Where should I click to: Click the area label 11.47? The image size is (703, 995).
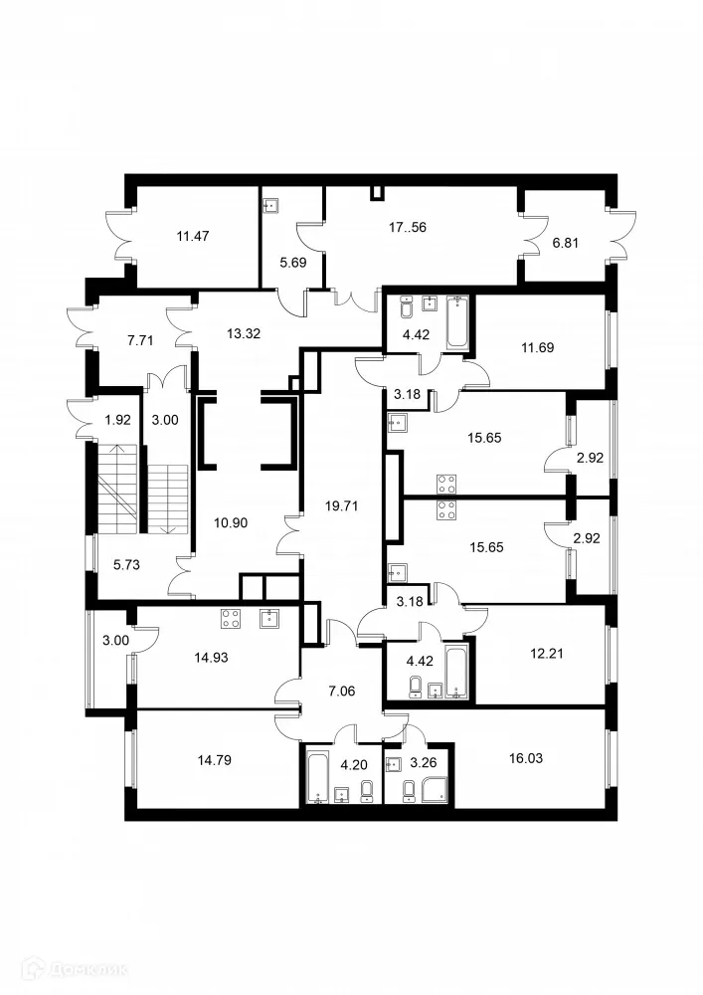192,236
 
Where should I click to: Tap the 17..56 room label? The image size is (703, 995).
407,227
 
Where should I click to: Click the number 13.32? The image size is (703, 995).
243,333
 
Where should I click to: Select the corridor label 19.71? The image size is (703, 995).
341,505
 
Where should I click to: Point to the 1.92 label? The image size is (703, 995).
117,420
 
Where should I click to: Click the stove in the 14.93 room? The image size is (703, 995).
232,618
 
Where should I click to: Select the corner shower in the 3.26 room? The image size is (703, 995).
436,789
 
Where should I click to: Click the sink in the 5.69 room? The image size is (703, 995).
269,208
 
